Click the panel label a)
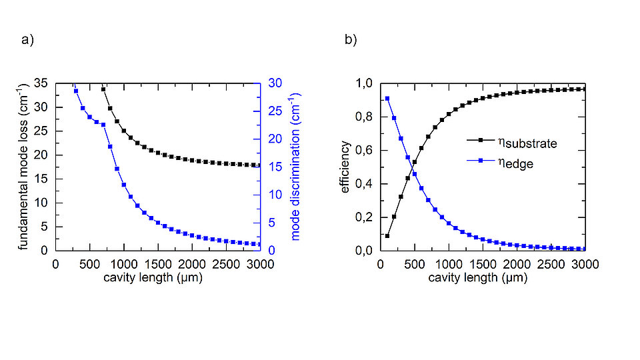[x=27, y=40]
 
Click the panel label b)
[x=351, y=40]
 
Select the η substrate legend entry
[x=511, y=143]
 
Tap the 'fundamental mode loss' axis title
[x=23, y=167]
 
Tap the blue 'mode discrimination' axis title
[x=296, y=167]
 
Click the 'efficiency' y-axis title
[x=345, y=167]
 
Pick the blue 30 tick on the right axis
[x=274, y=83]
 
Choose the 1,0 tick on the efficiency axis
[x=366, y=83]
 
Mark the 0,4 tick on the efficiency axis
[x=366, y=184]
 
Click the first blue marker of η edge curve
[x=387, y=99]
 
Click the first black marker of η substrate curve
[x=387, y=236]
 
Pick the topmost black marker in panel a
[x=103, y=89]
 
